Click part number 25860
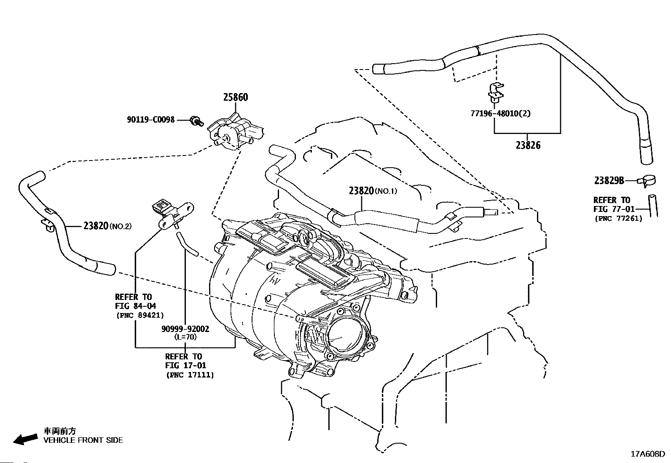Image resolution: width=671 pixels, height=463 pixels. pyautogui.click(x=236, y=97)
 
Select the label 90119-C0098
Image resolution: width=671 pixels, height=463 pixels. pyautogui.click(x=150, y=120)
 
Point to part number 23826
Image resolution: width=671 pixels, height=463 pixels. pyautogui.click(x=528, y=145)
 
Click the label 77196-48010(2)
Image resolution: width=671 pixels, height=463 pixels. pyautogui.click(x=501, y=113)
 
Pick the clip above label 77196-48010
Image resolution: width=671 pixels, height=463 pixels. pyautogui.click(x=496, y=92)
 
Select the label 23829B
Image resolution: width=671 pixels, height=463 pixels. pyautogui.click(x=609, y=180)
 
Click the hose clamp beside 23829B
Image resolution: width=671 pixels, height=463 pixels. pyautogui.click(x=647, y=181)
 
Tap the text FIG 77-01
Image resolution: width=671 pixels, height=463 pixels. pyautogui.click(x=614, y=209)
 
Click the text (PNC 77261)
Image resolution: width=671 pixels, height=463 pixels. pyautogui.click(x=619, y=218)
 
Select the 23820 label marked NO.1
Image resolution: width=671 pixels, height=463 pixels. pyautogui.click(x=373, y=191)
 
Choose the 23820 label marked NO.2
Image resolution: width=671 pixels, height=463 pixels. pyautogui.click(x=107, y=225)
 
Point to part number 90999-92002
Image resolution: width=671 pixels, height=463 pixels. pyautogui.click(x=185, y=329)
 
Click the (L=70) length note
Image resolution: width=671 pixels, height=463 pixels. pyautogui.click(x=185, y=337)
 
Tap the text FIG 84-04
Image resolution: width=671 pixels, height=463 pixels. pyautogui.click(x=135, y=306)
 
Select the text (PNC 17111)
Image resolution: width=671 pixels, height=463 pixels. pyautogui.click(x=190, y=375)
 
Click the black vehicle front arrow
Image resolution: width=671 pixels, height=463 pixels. pyautogui.click(x=25, y=439)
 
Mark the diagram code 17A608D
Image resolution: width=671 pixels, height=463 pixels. pyautogui.click(x=648, y=454)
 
